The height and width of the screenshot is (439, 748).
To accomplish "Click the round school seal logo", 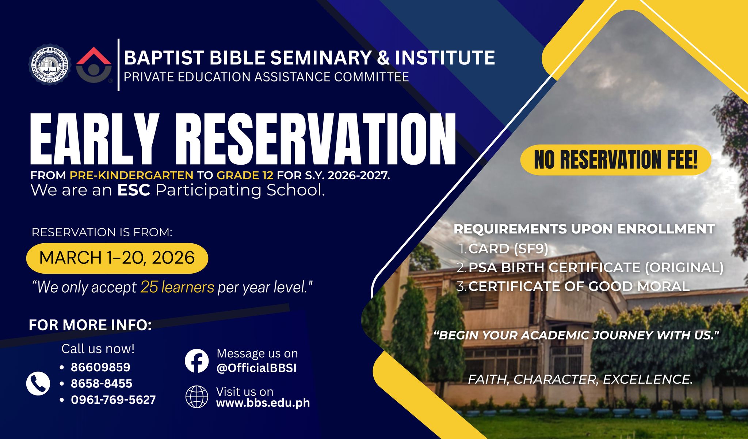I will click(x=49, y=65).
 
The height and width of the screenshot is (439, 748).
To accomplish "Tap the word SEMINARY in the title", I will click(x=321, y=58).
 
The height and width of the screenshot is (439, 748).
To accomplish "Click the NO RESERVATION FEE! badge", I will click(x=615, y=160).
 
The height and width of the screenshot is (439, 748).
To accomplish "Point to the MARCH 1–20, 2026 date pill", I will click(x=117, y=258).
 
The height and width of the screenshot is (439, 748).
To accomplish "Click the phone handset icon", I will click(x=38, y=384).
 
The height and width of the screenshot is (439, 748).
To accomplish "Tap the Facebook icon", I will click(x=196, y=361).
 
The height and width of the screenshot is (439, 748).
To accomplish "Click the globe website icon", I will click(x=196, y=397).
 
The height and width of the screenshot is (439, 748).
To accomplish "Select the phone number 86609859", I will click(x=100, y=367).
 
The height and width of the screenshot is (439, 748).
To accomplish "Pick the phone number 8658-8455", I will click(x=102, y=383).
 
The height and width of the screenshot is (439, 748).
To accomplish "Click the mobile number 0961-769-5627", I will click(x=113, y=399).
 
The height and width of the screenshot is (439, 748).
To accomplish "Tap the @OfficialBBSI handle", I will click(x=256, y=368).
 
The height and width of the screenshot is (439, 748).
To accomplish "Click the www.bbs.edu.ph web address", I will click(x=263, y=403).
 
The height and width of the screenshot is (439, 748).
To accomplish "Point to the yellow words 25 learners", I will click(x=177, y=287).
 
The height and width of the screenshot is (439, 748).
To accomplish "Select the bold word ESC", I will click(x=134, y=190).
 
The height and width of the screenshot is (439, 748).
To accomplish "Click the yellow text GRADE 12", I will click(x=245, y=176).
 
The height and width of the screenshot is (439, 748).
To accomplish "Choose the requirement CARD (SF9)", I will click(x=508, y=249).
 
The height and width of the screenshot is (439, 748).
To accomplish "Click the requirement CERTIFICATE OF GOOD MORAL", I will click(x=579, y=286).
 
